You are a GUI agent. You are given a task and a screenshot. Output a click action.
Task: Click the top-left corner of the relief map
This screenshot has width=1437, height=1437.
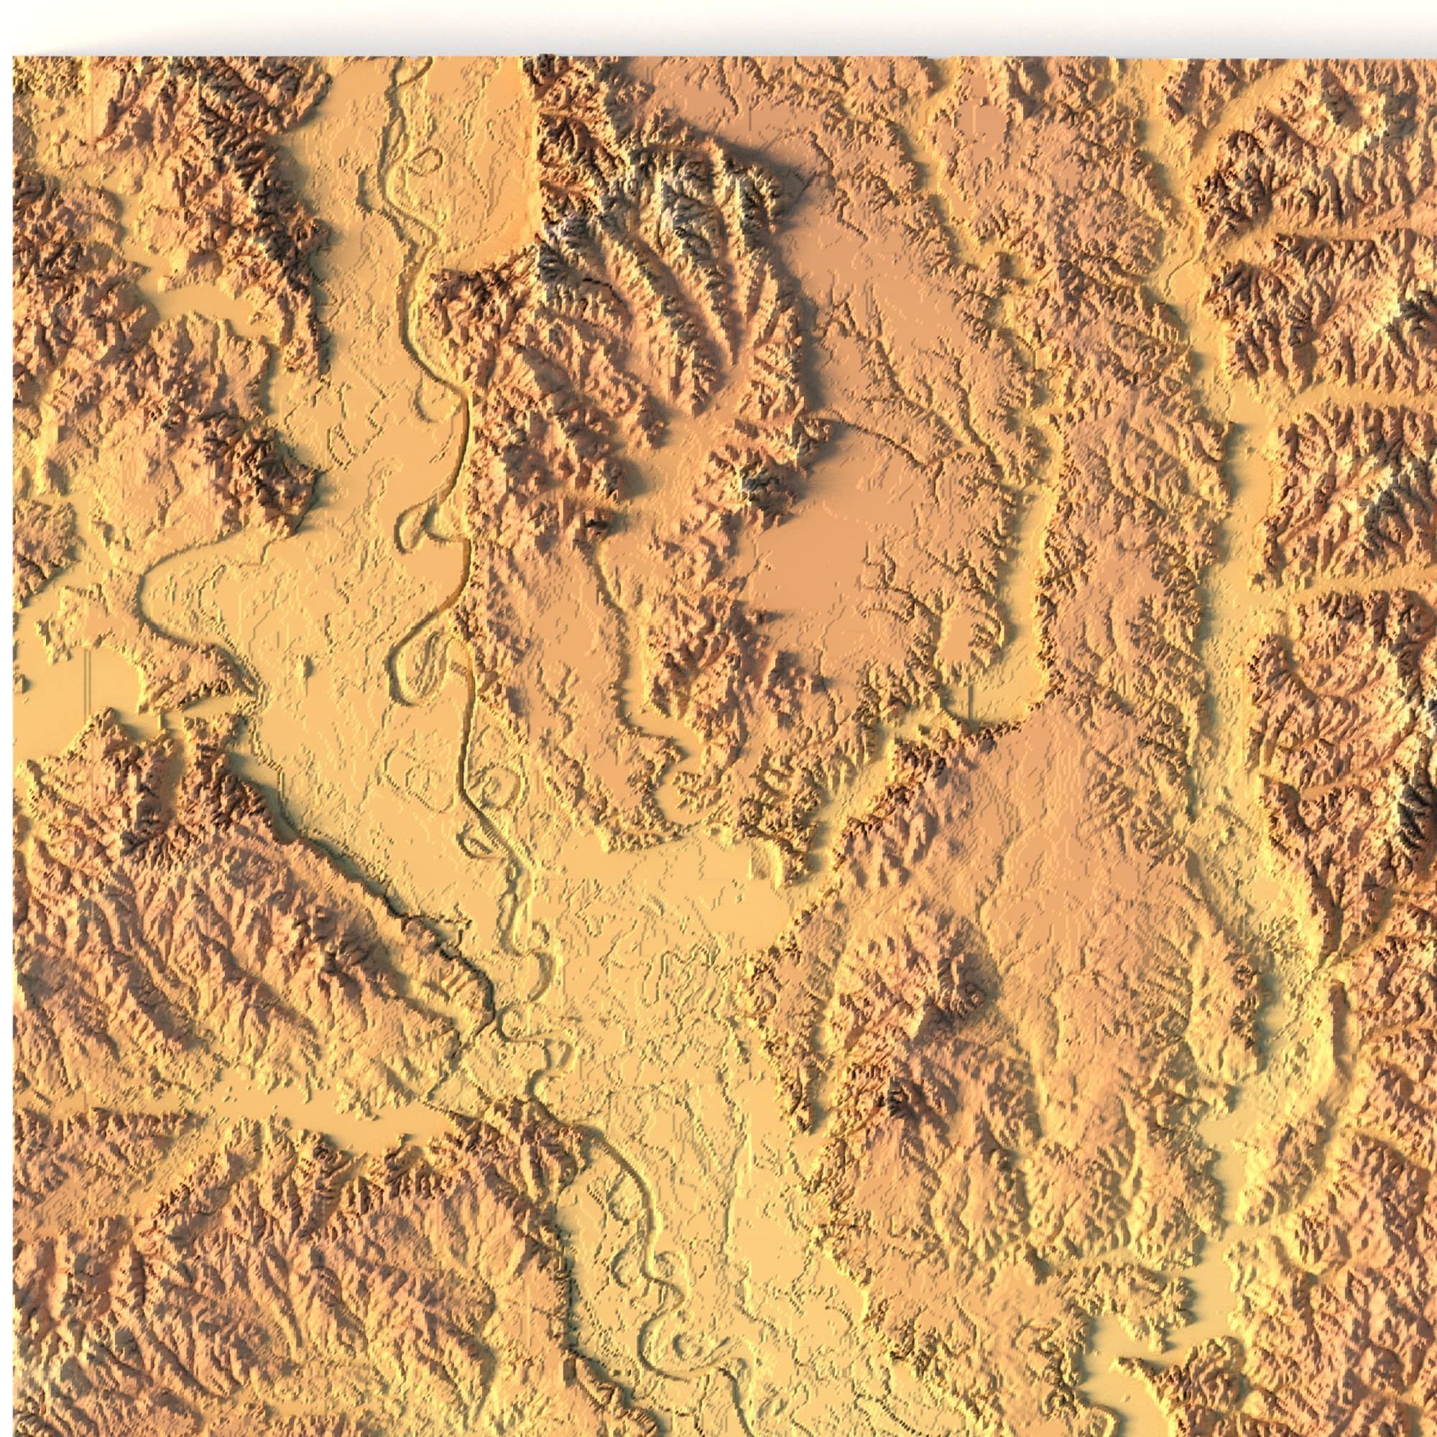(14, 57)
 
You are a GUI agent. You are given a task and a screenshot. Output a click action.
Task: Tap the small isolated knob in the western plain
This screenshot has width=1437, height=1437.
(304, 667)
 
